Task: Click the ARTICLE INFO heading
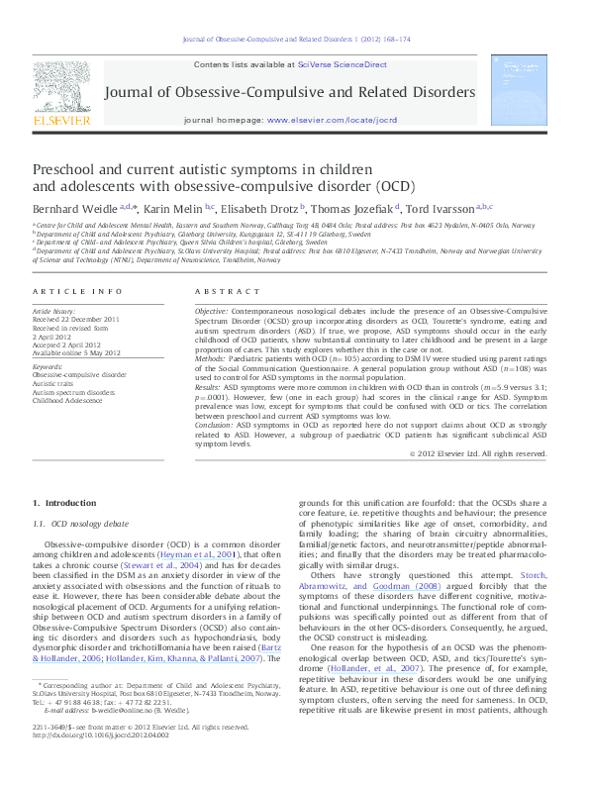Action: [68, 291]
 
